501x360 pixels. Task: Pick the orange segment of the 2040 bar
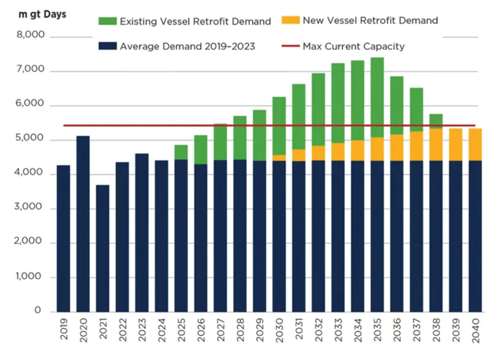click(474, 144)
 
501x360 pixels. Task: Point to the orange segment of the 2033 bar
click(338, 151)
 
